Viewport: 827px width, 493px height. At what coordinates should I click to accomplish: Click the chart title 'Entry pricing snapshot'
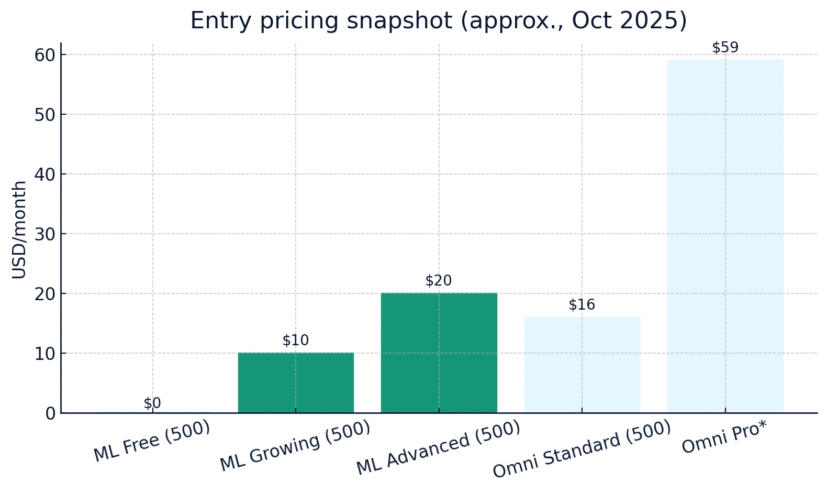click(438, 21)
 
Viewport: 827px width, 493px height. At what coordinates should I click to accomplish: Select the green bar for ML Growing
click(296, 383)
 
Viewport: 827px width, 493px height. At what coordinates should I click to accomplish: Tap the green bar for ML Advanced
click(439, 353)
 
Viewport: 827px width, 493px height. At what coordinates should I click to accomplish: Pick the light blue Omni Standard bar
click(582, 365)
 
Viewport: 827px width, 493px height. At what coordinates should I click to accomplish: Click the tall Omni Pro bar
click(725, 236)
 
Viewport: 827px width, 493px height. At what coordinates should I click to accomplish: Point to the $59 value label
click(725, 48)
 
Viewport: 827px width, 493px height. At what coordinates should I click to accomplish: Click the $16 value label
click(582, 305)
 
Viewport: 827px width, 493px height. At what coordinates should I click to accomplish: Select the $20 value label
click(439, 281)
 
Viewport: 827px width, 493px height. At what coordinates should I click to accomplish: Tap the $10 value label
click(296, 341)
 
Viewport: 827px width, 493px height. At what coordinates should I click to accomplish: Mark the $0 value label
click(152, 403)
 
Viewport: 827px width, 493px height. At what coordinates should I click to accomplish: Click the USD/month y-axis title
click(19, 229)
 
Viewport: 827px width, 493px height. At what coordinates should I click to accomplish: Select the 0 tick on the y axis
click(50, 413)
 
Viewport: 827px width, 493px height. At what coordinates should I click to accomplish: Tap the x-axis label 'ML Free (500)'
click(152, 441)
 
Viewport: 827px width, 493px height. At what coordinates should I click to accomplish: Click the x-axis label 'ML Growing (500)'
click(295, 446)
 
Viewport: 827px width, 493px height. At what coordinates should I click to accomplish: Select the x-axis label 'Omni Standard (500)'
click(582, 449)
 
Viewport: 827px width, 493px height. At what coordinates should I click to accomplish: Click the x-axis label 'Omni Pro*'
click(724, 437)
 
